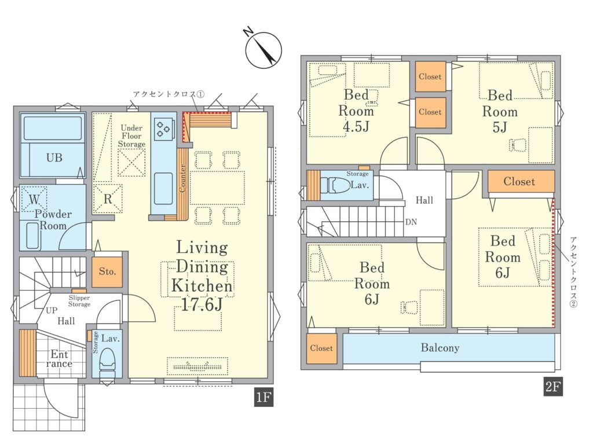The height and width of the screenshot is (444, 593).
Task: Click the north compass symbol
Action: point(263,50)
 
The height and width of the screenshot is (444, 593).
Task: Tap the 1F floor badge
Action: point(263,398)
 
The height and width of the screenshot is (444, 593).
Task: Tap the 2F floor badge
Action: point(553,387)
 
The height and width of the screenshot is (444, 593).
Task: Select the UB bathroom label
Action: point(54,157)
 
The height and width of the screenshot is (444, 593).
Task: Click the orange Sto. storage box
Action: point(107,271)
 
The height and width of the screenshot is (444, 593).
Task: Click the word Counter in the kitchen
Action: point(182,178)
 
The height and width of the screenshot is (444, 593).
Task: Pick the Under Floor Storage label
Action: point(131,136)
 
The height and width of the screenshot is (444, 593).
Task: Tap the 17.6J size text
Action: point(202,304)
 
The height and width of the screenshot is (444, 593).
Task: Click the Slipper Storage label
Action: point(79,301)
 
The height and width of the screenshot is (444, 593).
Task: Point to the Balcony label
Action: point(440,347)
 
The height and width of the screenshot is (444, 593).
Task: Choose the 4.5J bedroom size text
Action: point(356,126)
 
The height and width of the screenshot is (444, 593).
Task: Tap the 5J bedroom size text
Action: point(500,127)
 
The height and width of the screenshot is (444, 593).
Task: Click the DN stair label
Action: point(411,222)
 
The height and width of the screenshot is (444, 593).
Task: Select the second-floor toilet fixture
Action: point(335,185)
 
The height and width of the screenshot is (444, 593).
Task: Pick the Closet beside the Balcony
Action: point(321,348)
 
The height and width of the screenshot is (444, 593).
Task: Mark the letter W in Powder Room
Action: point(34,199)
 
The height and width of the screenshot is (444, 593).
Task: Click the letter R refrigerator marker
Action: point(108,199)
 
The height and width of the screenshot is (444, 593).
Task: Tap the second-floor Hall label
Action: point(424,200)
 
